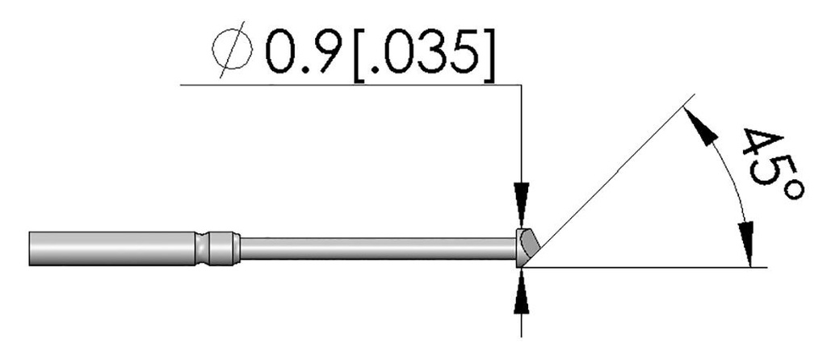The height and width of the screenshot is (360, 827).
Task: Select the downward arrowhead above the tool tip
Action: tap(523, 196)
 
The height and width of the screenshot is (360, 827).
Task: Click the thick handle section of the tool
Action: tap(112, 247)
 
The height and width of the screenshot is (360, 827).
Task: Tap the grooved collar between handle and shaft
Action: tap(218, 248)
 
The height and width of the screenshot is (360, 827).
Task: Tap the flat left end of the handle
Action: tap(29, 247)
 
